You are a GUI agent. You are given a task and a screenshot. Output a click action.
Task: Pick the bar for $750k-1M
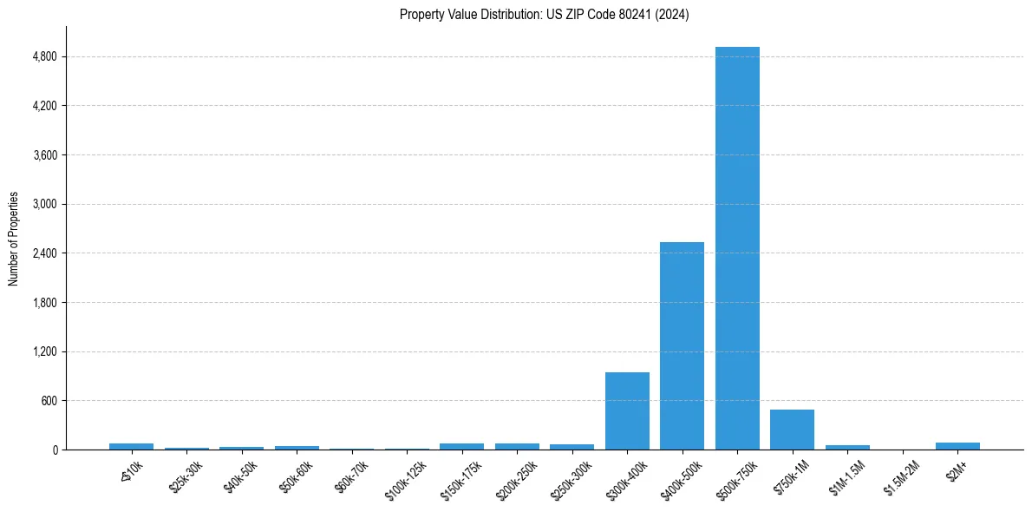click(x=792, y=430)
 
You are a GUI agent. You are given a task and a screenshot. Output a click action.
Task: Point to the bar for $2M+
click(x=957, y=446)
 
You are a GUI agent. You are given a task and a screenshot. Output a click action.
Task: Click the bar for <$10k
click(x=131, y=446)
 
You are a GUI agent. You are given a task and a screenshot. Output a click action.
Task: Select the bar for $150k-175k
click(x=461, y=446)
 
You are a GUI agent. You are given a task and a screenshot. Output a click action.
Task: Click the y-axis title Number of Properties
click(x=14, y=239)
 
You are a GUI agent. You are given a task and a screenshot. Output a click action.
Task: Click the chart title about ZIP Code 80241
click(x=544, y=15)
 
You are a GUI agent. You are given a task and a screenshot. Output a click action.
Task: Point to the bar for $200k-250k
click(x=517, y=446)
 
